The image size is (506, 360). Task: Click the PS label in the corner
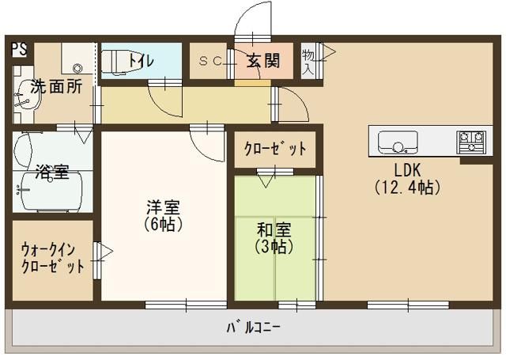click(x=18, y=48)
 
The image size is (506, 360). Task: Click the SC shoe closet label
click(x=210, y=60)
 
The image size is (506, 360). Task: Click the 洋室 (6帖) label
click(x=164, y=216)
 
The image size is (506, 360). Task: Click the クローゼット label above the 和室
click(x=274, y=150)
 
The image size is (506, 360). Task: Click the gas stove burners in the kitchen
click(x=472, y=142)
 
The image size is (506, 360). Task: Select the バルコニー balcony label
click(x=253, y=327)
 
